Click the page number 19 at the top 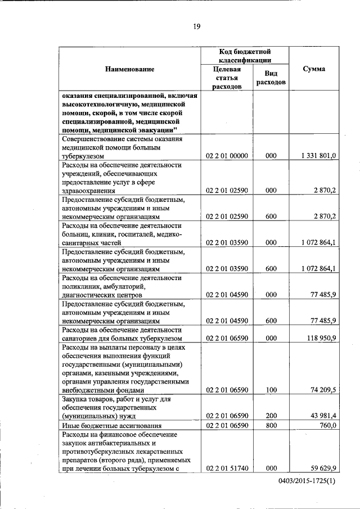click(197, 25)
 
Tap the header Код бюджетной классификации click(245, 56)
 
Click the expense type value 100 click(271, 390)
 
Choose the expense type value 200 click(271, 416)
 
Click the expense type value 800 click(271, 426)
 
